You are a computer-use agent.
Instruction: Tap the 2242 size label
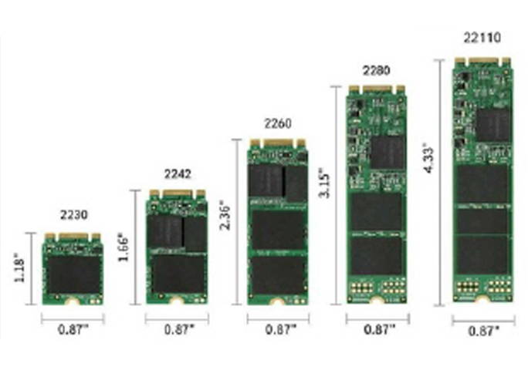tap(178, 173)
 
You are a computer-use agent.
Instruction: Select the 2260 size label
tap(277, 123)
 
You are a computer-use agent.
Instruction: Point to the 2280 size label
tap(377, 70)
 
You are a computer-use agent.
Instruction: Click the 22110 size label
tap(482, 37)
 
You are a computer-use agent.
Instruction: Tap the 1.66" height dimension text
tap(124, 247)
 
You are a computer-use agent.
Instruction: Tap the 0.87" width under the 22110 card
tap(483, 329)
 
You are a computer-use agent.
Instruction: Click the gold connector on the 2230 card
tap(73, 237)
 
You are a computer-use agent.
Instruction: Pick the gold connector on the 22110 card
tap(482, 60)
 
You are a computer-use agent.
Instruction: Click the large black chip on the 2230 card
tap(73, 274)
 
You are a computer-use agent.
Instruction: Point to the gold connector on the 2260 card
tap(277, 143)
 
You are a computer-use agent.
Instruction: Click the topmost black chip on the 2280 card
tap(387, 152)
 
